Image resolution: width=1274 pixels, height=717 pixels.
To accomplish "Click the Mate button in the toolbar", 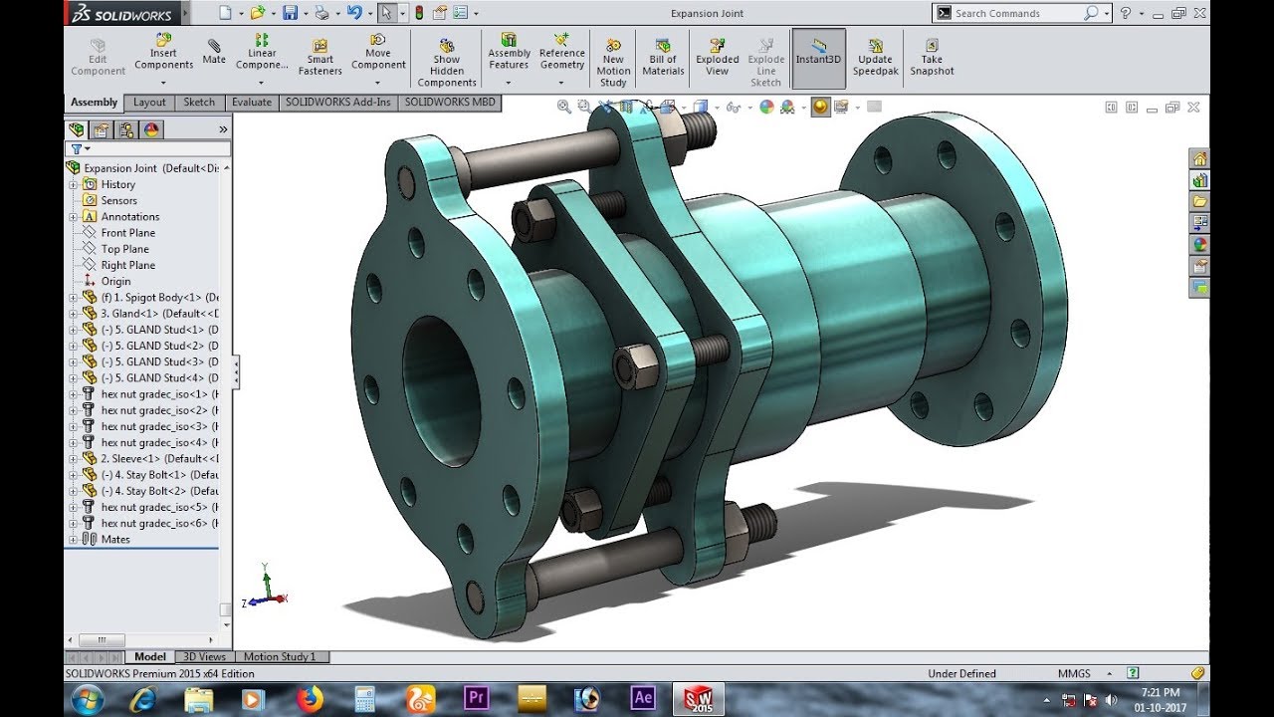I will click(x=214, y=52).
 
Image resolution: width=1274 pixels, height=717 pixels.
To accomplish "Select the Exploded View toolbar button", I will click(x=718, y=58).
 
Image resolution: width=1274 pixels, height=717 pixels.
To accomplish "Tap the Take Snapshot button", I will click(x=932, y=58).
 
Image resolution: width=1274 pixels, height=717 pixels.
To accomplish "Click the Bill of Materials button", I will click(x=663, y=58).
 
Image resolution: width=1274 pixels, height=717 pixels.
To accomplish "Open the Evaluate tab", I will click(x=252, y=103).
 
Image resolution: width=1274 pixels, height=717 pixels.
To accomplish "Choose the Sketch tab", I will click(x=199, y=103).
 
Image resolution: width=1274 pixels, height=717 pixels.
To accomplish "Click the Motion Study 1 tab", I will click(x=280, y=657).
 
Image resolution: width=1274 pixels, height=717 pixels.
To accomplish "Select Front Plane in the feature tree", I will click(x=127, y=233).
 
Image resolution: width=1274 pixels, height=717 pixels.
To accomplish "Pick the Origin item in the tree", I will click(x=115, y=281).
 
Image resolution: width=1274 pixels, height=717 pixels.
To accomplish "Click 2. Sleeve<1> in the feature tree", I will click(x=149, y=459).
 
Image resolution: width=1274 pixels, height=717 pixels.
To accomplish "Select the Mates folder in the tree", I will click(x=115, y=540).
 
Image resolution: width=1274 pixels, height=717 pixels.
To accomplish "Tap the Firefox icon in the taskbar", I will click(x=311, y=698).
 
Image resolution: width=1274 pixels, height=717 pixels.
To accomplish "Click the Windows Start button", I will click(x=88, y=698).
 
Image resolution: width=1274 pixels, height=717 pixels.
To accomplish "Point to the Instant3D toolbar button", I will click(x=818, y=58).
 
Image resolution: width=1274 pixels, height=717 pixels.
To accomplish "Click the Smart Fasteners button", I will click(x=320, y=58).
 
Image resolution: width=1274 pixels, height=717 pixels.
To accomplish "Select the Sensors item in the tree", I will click(x=118, y=200).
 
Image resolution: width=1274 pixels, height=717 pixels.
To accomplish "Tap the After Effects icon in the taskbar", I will click(x=643, y=698).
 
